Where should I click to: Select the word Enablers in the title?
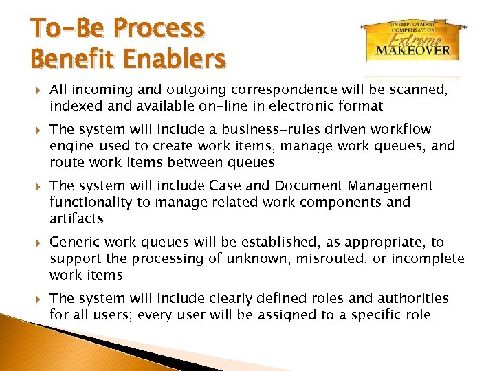pos(175,59)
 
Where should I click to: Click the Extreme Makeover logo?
pos(412,39)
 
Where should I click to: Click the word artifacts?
pos(76,218)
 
